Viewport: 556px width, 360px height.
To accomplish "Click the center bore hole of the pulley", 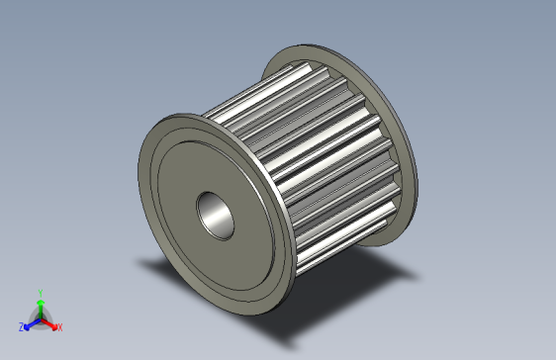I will pos(215,215).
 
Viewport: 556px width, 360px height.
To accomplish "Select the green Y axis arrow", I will pos(40,303).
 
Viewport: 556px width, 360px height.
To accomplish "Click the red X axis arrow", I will pos(50,322).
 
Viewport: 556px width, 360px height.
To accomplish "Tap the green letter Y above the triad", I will pos(40,293).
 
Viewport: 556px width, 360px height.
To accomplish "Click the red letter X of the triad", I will pos(59,326).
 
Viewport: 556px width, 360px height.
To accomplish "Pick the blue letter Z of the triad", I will pos(21,326).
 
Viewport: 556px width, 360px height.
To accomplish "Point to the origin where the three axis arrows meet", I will pos(40,317).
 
